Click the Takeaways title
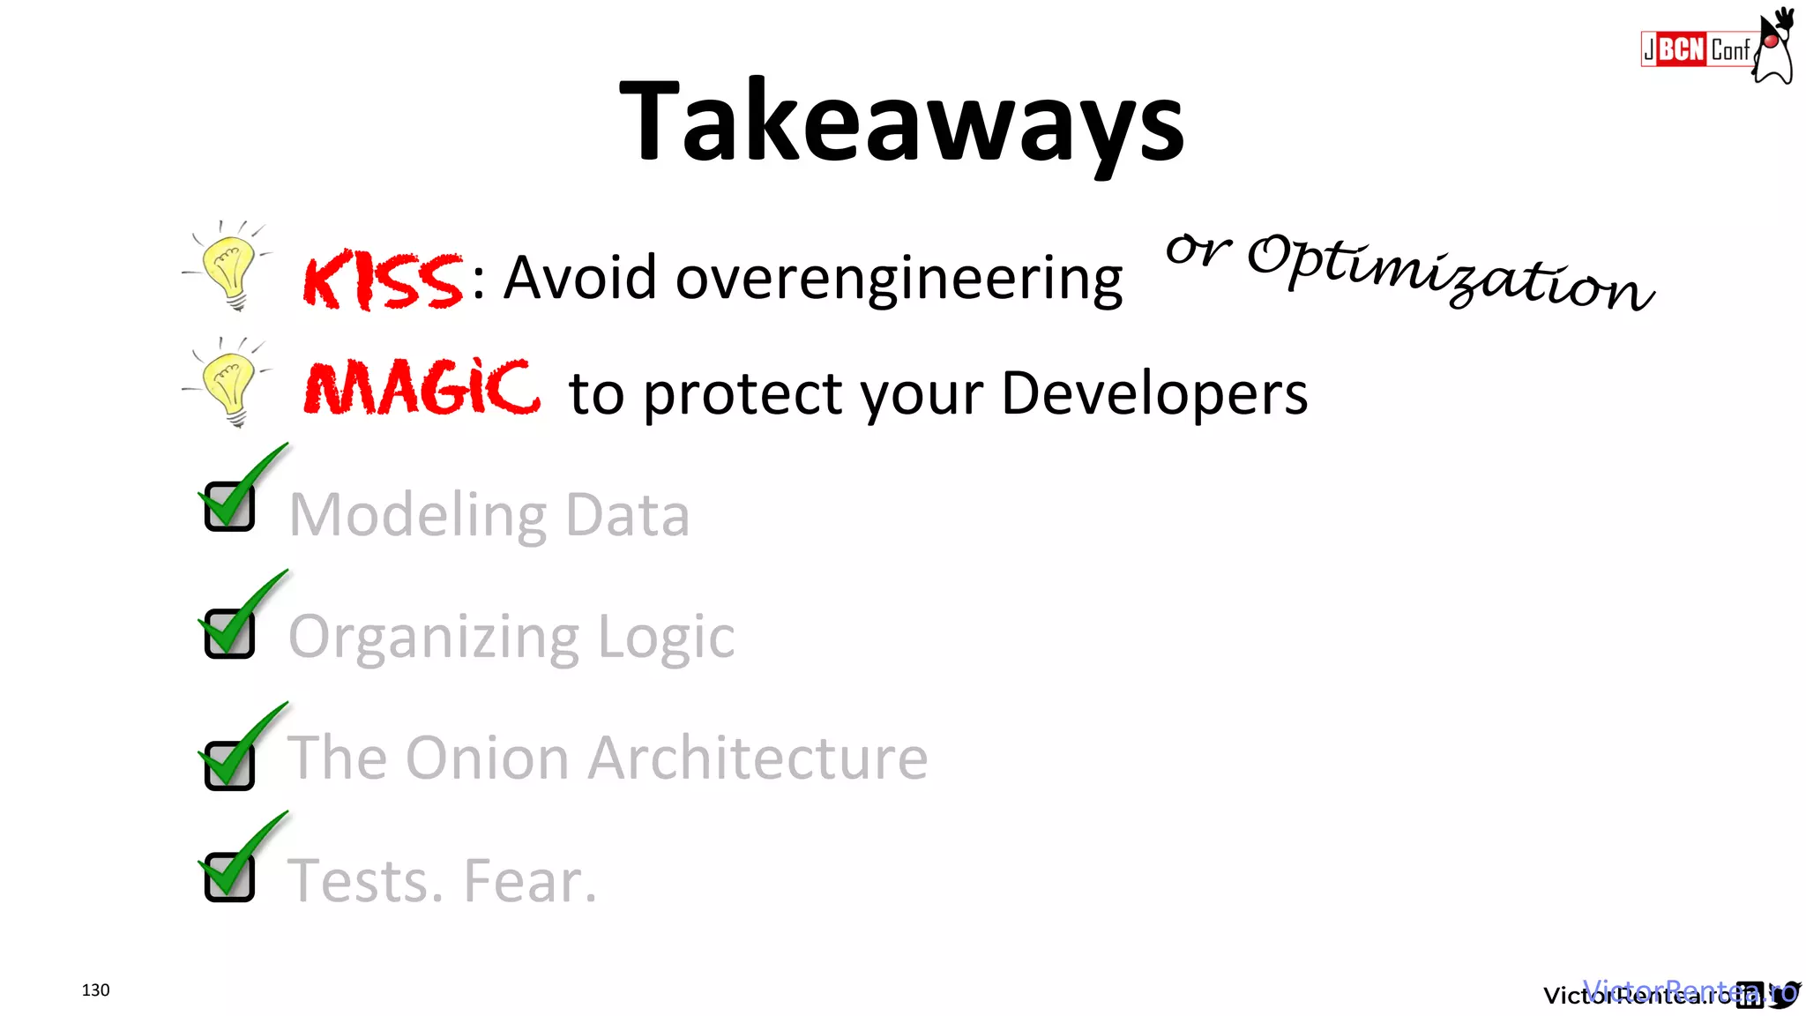tap(901, 122)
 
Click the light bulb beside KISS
tap(228, 266)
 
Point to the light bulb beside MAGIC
tap(228, 383)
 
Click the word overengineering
tap(899, 279)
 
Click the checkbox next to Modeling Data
tap(229, 506)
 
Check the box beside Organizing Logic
tap(229, 632)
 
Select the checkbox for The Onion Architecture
tap(229, 764)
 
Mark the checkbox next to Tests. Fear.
tap(229, 876)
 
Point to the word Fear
tap(530, 880)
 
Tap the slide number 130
tap(95, 990)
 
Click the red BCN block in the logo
tap(1682, 49)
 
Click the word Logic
tap(666, 637)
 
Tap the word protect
tap(743, 393)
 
